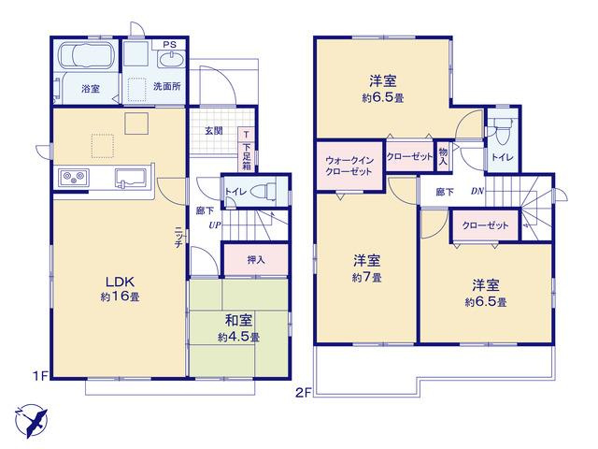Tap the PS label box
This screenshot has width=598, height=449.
click(169, 45)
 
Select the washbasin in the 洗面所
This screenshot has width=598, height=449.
click(171, 60)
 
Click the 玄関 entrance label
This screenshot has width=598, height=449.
click(214, 131)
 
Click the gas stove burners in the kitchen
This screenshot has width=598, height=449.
click(74, 177)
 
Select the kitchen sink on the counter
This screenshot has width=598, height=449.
click(131, 178)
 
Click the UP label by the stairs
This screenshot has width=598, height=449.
click(215, 225)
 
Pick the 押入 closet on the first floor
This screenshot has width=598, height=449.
click(255, 260)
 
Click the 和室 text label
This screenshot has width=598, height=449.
click(238, 321)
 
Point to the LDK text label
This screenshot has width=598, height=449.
click(120, 282)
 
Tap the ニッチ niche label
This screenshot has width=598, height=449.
click(178, 238)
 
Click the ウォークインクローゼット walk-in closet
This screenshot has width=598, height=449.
click(349, 166)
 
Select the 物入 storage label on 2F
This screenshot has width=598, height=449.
click(443, 156)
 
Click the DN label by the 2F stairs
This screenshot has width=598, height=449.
click(477, 191)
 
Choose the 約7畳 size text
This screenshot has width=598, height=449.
click(366, 278)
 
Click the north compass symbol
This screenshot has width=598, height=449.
click(31, 421)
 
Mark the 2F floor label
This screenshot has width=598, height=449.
click(304, 392)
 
